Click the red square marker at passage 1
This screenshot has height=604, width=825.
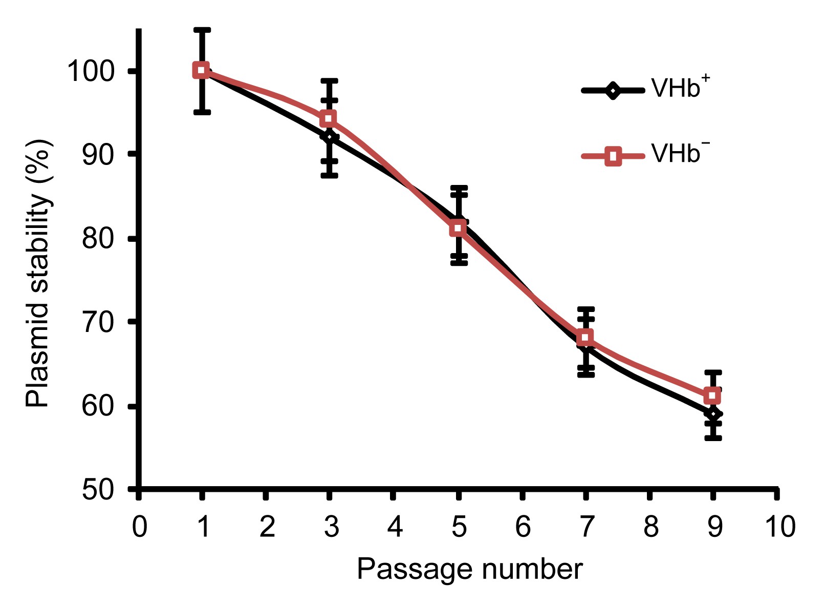click(202, 70)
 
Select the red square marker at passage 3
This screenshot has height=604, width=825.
click(329, 119)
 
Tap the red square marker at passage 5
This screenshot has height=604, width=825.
click(458, 228)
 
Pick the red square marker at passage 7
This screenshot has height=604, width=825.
click(585, 338)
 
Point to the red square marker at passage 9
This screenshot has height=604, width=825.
click(712, 396)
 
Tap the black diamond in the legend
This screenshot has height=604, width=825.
click(612, 91)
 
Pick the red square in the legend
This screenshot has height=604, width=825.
click(613, 156)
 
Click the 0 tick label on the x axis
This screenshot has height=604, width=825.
click(139, 527)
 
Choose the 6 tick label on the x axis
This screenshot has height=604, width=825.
click(523, 527)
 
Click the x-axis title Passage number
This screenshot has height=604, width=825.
click(470, 569)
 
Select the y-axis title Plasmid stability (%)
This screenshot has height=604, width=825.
click(39, 273)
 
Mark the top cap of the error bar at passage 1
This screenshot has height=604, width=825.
click(202, 30)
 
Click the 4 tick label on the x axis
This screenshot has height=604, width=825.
click(394, 527)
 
